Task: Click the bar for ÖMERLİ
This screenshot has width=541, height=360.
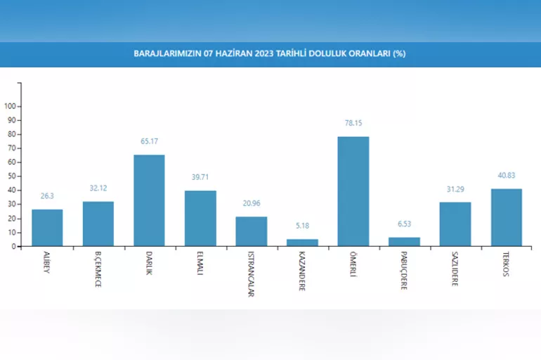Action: click(353, 191)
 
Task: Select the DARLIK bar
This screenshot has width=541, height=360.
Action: click(149, 200)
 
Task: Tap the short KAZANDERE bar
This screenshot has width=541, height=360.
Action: click(302, 243)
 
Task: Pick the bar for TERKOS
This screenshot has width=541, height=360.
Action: click(506, 217)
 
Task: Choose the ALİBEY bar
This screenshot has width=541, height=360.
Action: click(47, 228)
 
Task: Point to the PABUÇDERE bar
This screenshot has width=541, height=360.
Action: click(404, 242)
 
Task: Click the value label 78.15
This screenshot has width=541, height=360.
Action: click(353, 123)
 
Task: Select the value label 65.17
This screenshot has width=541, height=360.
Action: click(149, 141)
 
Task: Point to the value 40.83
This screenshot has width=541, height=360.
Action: click(506, 175)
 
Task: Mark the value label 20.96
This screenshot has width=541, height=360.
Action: click(251, 204)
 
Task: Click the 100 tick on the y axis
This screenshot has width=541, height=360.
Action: click(10, 106)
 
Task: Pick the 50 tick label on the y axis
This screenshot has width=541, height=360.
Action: click(12, 176)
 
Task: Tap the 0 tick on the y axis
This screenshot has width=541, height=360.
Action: click(14, 247)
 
